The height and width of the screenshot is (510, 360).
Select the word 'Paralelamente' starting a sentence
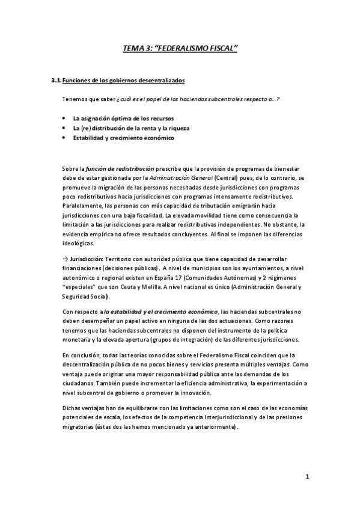tap(82, 204)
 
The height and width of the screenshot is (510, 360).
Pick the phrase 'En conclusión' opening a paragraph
tap(82, 355)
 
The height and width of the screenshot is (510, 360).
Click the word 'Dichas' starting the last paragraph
tap(72, 408)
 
